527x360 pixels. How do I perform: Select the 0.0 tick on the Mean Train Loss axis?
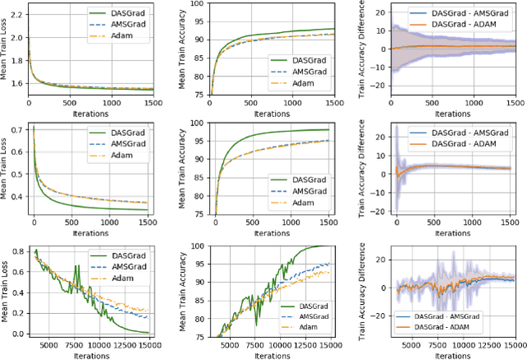point(19,333)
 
